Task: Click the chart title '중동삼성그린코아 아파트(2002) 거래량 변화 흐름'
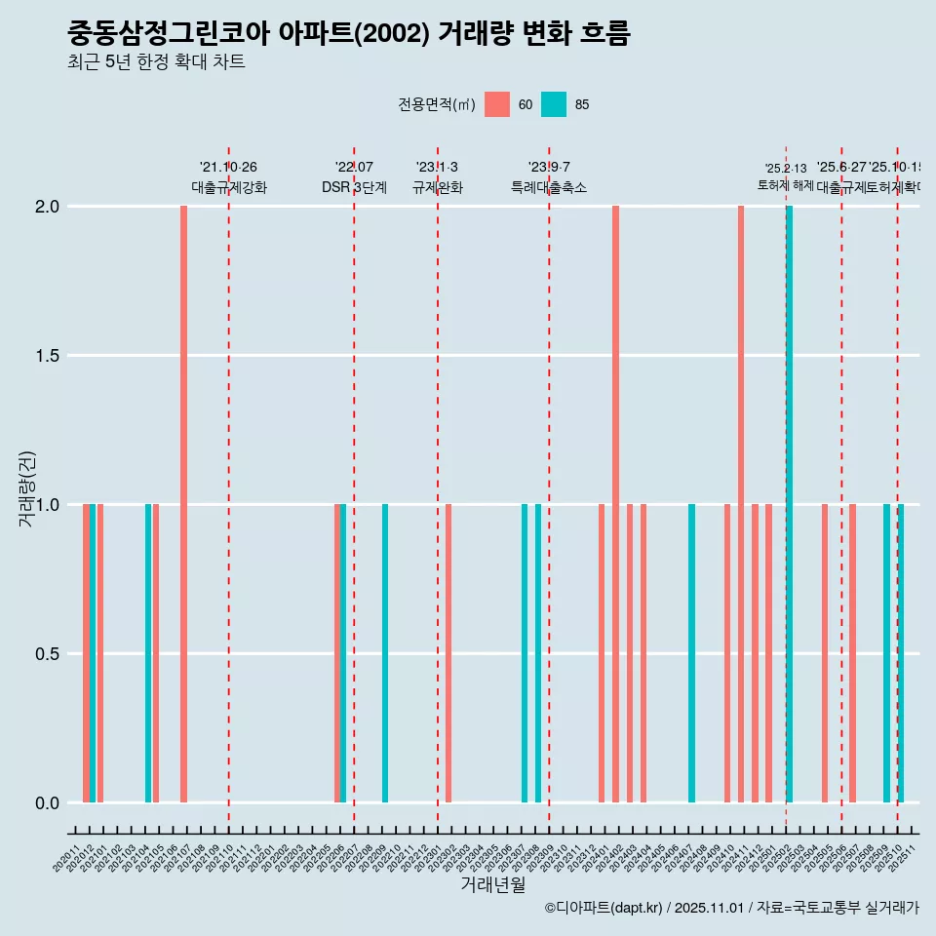349,34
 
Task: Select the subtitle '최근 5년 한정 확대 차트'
156,62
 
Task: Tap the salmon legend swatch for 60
497,104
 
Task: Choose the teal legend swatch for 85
554,104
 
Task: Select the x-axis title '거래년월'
492,885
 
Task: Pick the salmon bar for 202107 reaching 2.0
183,504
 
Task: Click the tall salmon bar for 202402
616,504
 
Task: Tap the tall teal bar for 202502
790,504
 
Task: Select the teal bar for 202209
385,653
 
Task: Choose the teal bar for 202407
692,653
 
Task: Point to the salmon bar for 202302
448,653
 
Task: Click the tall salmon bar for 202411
741,504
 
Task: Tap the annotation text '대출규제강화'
228,187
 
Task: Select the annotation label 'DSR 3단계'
354,187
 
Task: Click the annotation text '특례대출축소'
549,187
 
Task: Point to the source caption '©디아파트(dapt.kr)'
604,908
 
